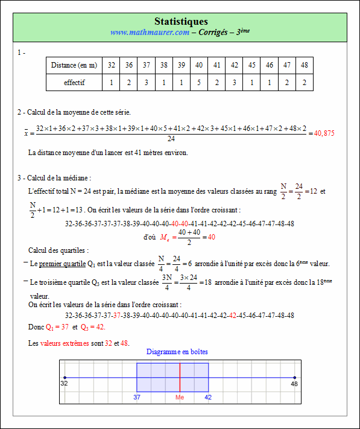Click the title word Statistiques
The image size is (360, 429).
click(x=181, y=22)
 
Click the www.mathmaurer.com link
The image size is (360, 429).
click(x=150, y=33)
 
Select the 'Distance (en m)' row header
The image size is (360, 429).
click(x=74, y=65)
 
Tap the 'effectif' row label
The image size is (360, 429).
click(x=74, y=83)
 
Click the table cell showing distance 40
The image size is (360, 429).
click(x=199, y=65)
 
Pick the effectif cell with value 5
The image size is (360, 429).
click(x=199, y=83)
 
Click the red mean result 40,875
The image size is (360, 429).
click(x=324, y=133)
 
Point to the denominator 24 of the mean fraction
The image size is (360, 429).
click(x=171, y=139)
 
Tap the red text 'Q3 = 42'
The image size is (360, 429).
click(x=92, y=327)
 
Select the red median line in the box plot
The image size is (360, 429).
click(x=180, y=378)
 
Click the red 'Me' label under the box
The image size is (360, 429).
click(x=180, y=398)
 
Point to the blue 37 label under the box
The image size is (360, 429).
click(x=137, y=398)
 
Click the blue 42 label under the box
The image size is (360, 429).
click(x=209, y=398)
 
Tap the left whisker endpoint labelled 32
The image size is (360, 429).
click(x=65, y=378)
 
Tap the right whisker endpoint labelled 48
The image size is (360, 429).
click(x=294, y=378)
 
